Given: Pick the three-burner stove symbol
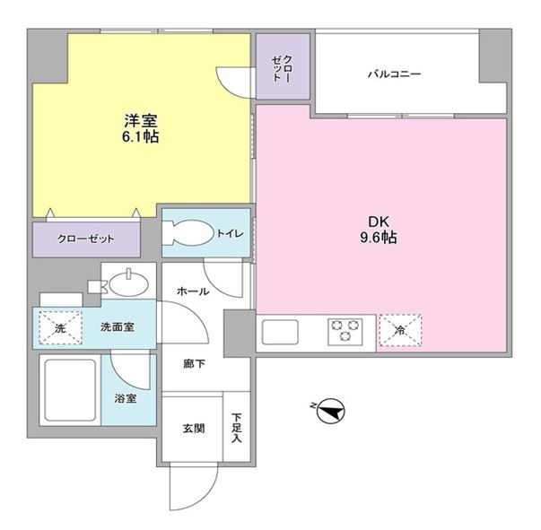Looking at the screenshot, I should coord(350,331).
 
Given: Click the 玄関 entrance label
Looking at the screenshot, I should coord(192,428).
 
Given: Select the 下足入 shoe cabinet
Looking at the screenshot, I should coord(237,428).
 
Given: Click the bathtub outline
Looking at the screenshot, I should coord(70,393).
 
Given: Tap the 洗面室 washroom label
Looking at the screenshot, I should coord(117,328).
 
